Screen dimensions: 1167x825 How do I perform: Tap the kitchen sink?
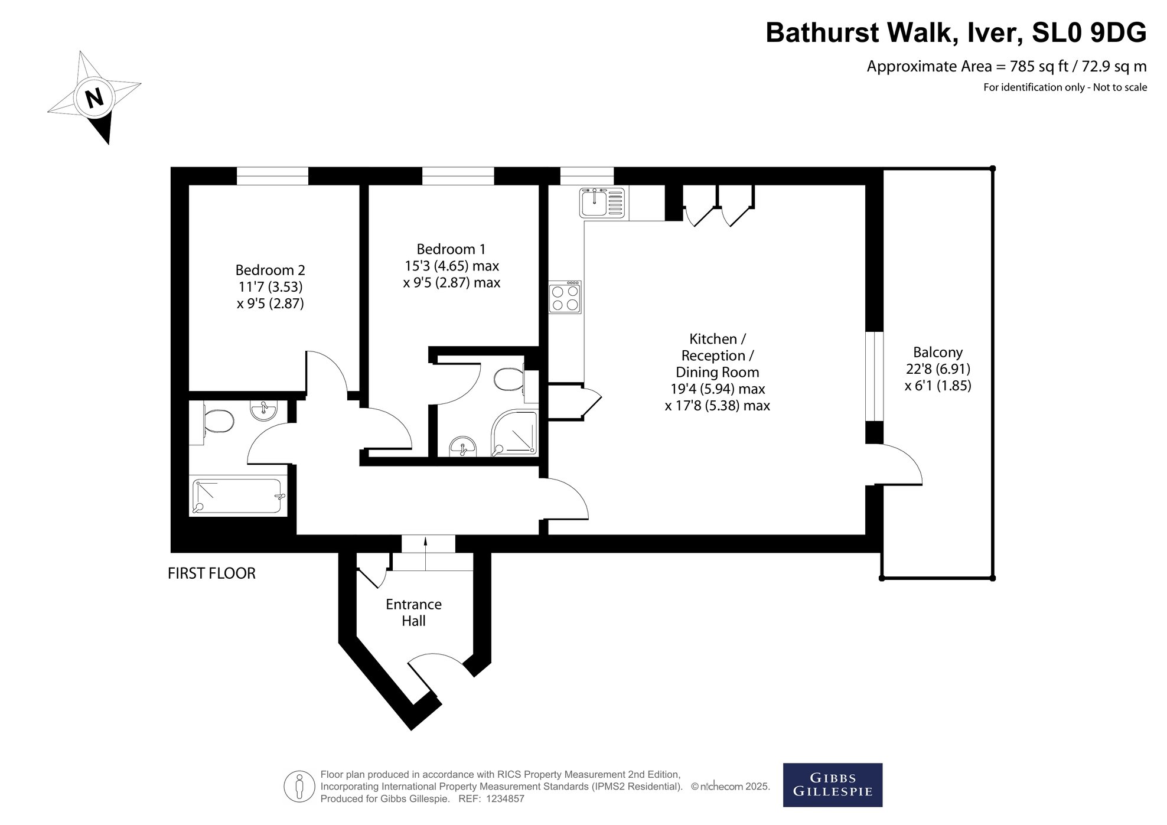click(x=602, y=202)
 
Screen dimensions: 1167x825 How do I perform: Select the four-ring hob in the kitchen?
click(x=565, y=297)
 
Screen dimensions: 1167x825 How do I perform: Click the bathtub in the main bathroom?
click(x=237, y=496)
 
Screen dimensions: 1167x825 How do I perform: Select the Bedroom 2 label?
click(x=270, y=270)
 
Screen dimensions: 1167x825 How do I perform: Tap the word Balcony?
click(x=938, y=353)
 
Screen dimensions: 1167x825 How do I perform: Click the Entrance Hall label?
click(x=413, y=612)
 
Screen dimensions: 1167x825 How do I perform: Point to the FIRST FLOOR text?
click(x=211, y=573)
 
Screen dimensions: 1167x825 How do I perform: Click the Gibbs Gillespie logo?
click(x=833, y=785)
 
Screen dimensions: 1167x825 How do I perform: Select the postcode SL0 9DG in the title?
click(x=1089, y=32)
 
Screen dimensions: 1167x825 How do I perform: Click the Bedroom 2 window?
click(x=272, y=176)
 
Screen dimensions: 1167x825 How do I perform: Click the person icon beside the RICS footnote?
click(x=299, y=787)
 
